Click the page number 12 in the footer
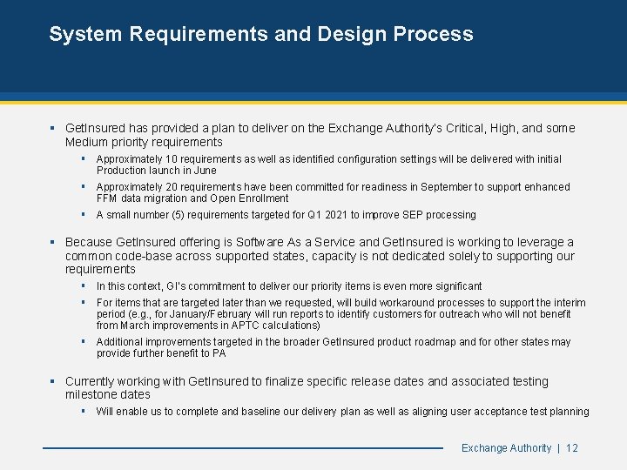pyautogui.click(x=572, y=448)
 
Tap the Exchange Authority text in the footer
pyautogui.click(x=506, y=448)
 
